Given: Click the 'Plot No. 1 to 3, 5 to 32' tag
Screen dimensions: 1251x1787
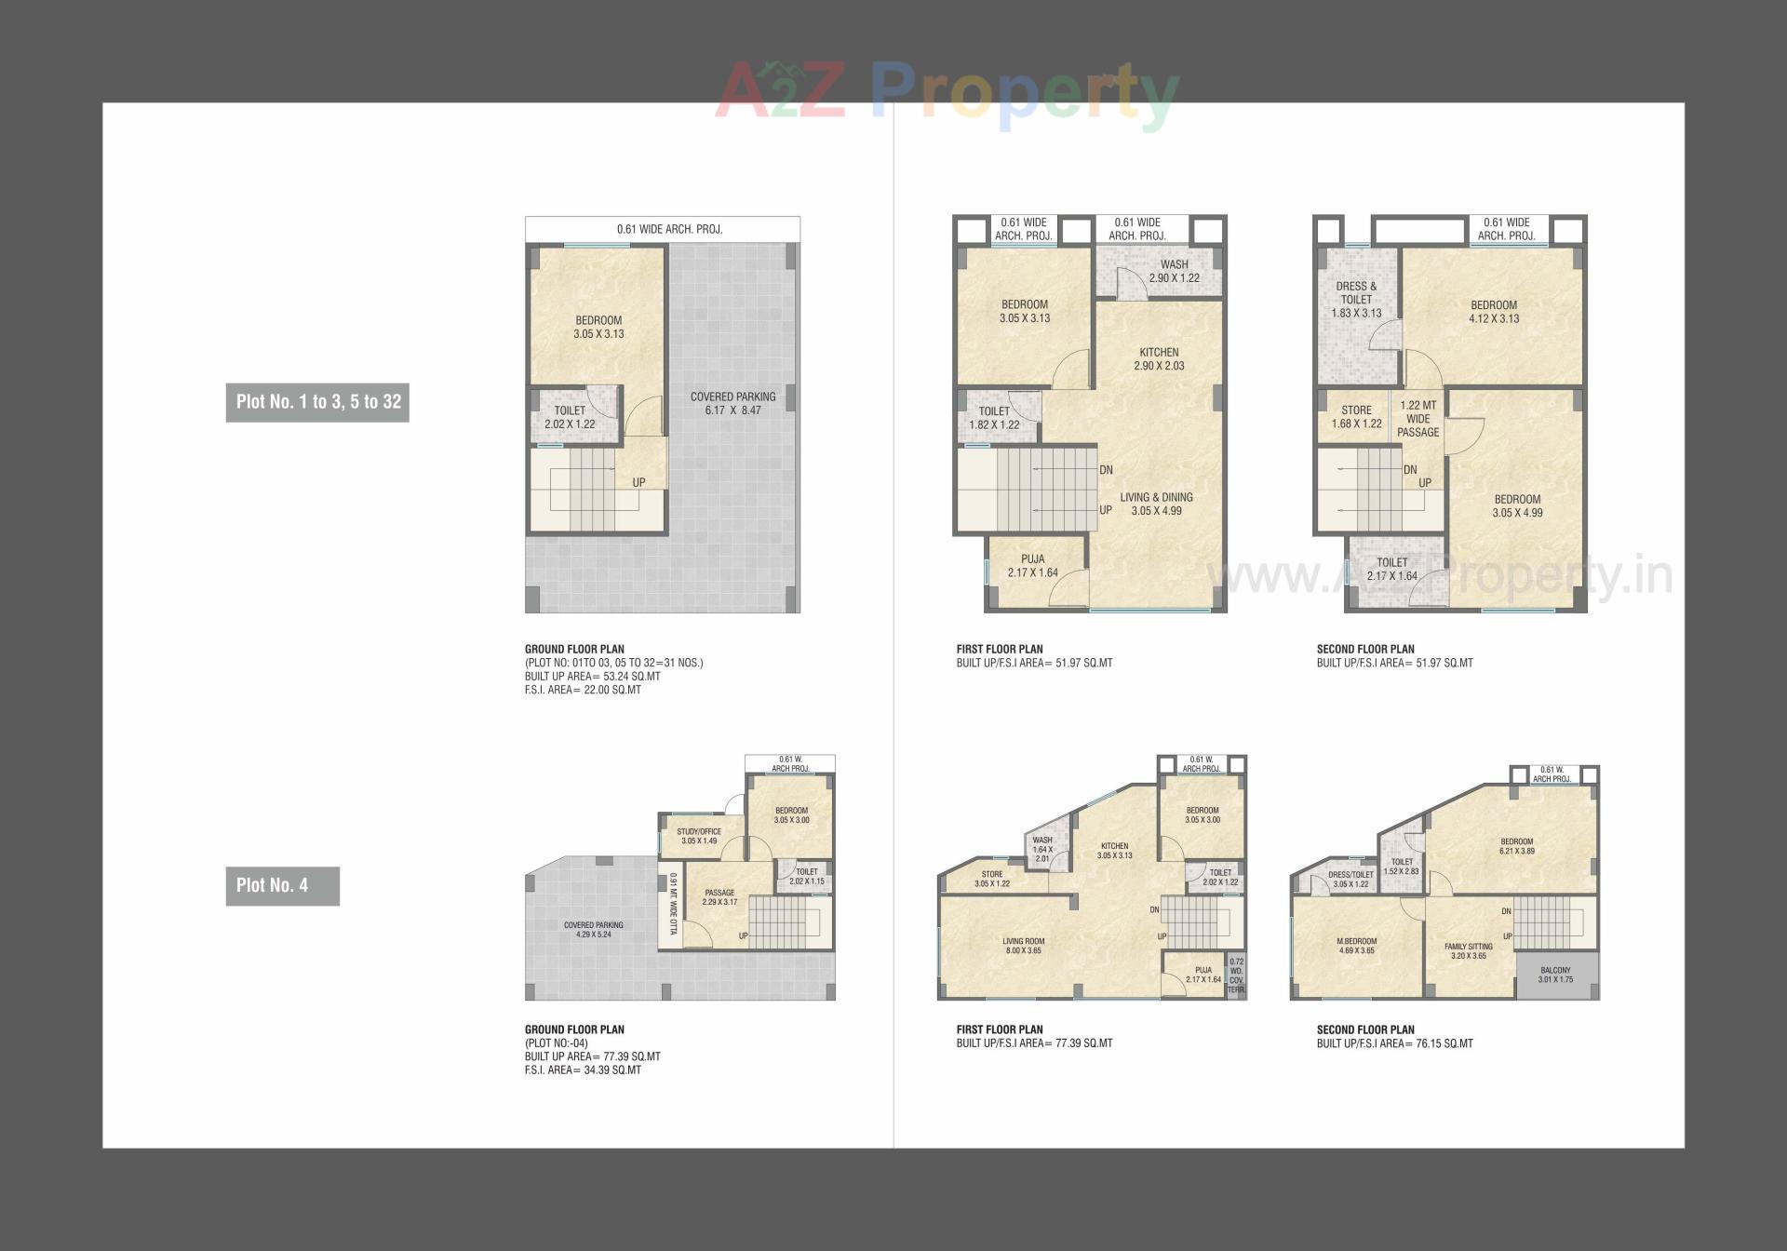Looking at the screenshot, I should [x=317, y=402].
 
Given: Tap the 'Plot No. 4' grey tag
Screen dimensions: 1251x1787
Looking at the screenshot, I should [x=282, y=886].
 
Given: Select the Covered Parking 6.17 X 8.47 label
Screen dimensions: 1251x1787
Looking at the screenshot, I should [x=732, y=403].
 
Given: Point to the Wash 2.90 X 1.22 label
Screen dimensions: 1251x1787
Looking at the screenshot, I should [x=1174, y=271].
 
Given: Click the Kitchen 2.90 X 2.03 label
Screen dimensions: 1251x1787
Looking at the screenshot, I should [x=1159, y=358].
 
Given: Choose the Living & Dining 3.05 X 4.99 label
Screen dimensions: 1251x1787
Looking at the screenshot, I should [x=1156, y=504].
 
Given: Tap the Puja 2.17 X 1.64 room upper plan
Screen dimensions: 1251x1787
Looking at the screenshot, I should [x=1032, y=566].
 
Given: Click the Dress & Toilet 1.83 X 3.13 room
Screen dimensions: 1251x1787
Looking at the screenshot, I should [x=1356, y=300].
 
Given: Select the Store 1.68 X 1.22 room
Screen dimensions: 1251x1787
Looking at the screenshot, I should [x=1356, y=416].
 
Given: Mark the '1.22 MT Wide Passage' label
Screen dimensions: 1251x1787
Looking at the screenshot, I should [x=1418, y=419].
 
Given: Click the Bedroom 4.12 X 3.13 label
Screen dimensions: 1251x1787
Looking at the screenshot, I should [x=1493, y=312].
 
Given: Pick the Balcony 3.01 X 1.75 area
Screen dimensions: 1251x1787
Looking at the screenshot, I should [x=1555, y=975].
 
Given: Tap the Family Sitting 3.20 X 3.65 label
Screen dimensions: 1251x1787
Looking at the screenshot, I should [x=1468, y=950].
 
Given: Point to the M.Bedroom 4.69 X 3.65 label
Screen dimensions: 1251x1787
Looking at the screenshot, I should [x=1356, y=946].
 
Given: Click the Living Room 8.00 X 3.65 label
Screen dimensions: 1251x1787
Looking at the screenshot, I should [x=1023, y=946].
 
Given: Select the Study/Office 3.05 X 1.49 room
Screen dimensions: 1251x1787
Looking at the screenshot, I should [x=699, y=836].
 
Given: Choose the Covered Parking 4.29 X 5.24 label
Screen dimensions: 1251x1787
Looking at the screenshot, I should [x=593, y=929].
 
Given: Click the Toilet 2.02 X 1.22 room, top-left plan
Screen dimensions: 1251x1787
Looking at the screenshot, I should [x=570, y=417].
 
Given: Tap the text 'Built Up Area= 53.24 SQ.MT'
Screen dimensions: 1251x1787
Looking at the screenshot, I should [x=592, y=677].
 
